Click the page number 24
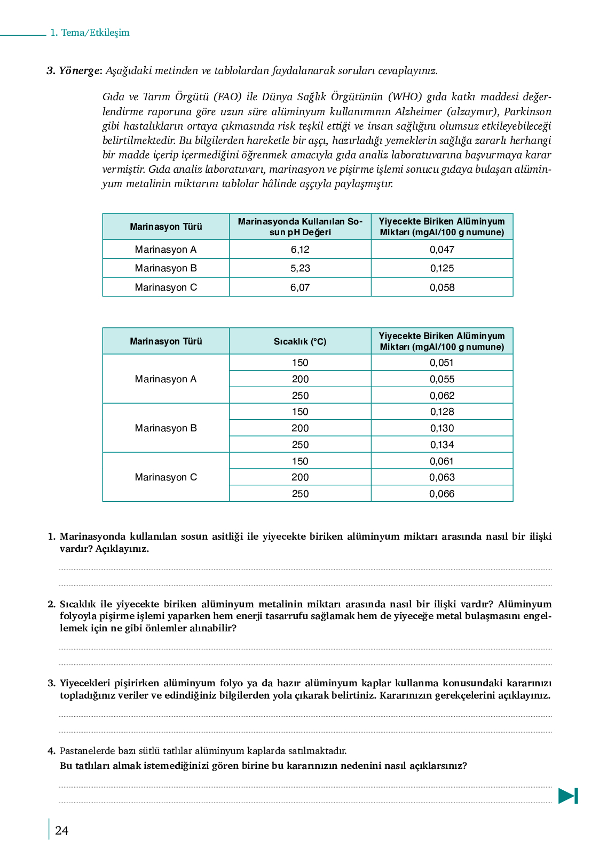[62, 831]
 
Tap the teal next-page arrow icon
[568, 796]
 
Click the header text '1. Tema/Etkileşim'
[90, 33]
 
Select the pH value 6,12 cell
[300, 250]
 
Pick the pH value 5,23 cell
[300, 268]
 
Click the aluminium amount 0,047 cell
[442, 250]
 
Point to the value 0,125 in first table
[442, 268]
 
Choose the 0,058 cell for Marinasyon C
[442, 287]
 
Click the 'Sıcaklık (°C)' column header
[300, 341]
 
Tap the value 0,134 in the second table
[442, 445]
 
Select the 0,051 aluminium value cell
[442, 363]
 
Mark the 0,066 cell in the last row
[442, 494]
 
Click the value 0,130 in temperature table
[442, 428]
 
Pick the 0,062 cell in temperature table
[442, 396]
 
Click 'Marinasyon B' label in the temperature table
[165, 428]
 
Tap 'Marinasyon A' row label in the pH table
[165, 250]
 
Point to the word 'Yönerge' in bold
[79, 70]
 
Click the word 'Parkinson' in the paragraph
[527, 111]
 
